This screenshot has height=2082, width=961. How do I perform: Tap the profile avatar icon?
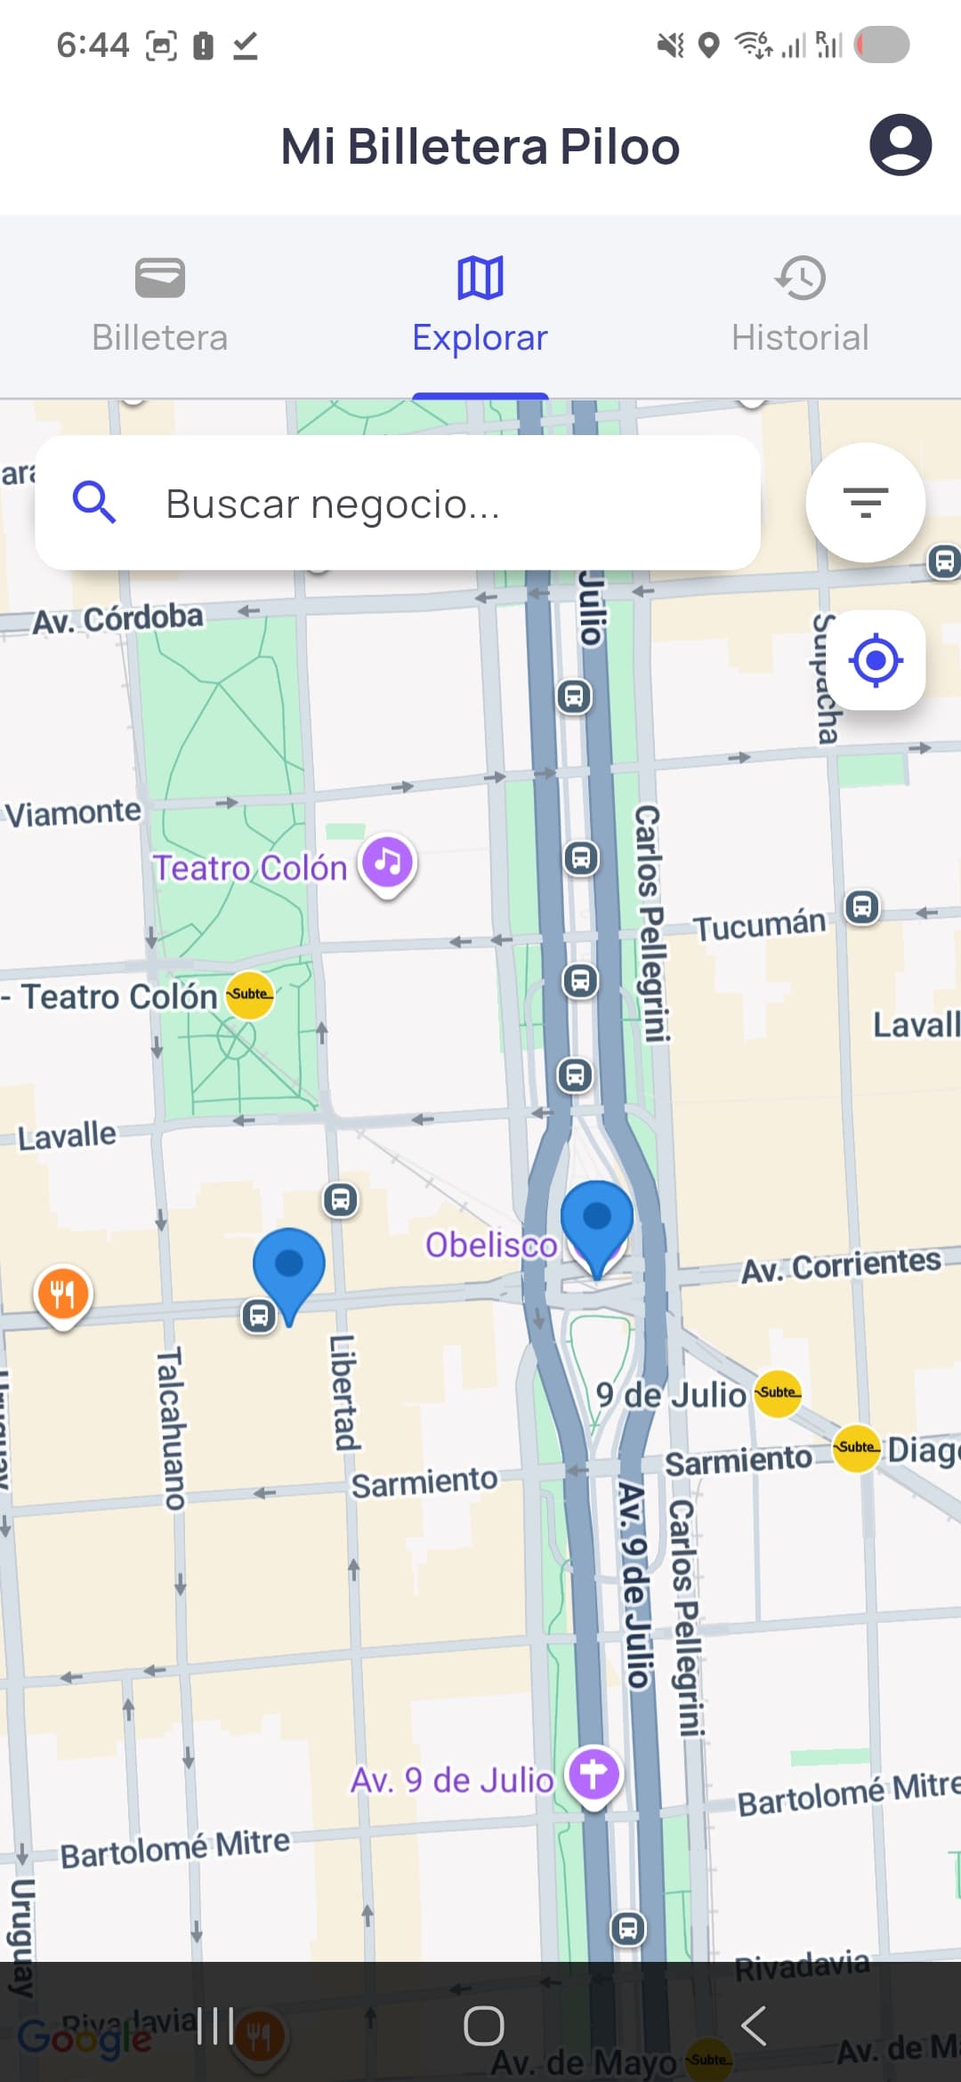[x=900, y=145]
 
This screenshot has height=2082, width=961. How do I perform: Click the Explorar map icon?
[x=480, y=278]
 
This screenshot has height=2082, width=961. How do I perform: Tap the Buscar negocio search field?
[x=398, y=504]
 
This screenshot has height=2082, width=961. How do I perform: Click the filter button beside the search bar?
[x=865, y=503]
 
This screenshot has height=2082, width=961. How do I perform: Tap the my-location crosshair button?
[x=876, y=660]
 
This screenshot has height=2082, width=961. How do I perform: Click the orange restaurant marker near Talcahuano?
[x=62, y=1294]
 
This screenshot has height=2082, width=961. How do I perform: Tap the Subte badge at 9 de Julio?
[x=778, y=1392]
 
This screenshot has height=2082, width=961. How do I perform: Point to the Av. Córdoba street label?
[x=118, y=618]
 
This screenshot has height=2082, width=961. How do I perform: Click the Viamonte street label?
[x=73, y=812]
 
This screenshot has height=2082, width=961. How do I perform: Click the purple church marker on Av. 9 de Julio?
[x=594, y=1775]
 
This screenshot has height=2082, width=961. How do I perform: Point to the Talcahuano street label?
[x=170, y=1428]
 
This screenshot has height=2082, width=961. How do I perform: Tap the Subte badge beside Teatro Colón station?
[x=249, y=994]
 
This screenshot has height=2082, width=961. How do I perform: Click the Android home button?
[x=483, y=2026]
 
